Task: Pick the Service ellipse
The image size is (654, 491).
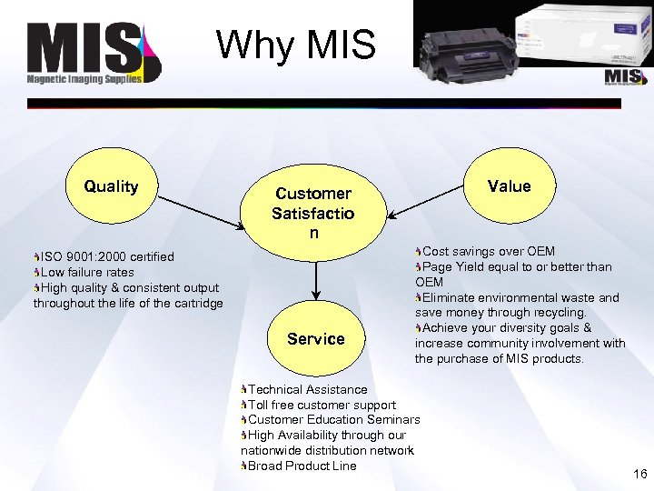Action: coord(315,338)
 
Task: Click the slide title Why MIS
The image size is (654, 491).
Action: coord(295,45)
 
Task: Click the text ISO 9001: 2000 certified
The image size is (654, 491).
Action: coord(107,257)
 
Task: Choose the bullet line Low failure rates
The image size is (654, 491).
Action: coord(87,273)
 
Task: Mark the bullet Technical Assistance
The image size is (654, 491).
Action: coord(307,389)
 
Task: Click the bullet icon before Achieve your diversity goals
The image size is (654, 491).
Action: coord(419,328)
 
